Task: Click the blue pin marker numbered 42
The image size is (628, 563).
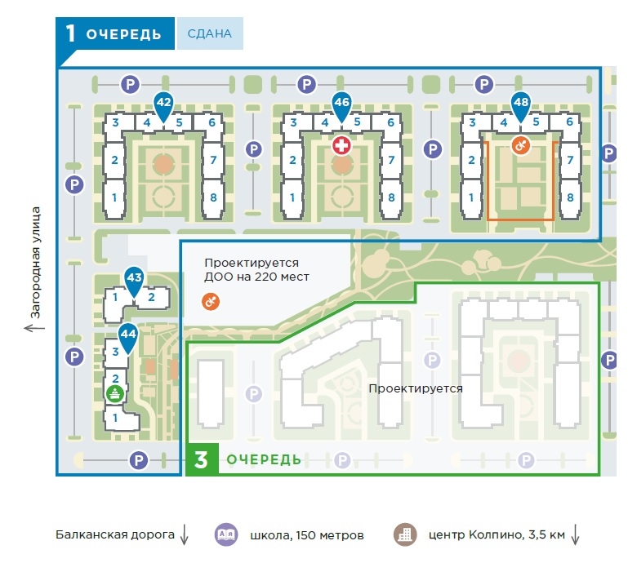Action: [x=163, y=104]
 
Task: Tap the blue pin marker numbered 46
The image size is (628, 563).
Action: [x=341, y=104]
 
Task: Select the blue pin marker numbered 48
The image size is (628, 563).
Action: [x=520, y=104]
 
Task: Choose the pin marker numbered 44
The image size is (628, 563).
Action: [x=127, y=335]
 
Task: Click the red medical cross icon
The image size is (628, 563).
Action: [x=341, y=146]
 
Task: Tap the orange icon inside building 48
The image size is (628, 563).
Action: [x=519, y=146]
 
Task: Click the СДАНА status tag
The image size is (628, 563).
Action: [x=210, y=34]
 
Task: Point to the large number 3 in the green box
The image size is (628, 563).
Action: [x=201, y=459]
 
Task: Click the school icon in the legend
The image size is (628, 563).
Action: [x=225, y=535]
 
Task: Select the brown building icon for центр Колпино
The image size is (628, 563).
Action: [x=404, y=535]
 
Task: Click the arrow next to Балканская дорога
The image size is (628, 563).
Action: [x=184, y=535]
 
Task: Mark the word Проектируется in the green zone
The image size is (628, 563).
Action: [x=416, y=388]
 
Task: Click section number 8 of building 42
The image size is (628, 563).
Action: [x=212, y=197]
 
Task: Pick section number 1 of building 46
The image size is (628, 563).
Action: [x=292, y=197]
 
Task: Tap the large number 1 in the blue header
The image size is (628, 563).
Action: [x=71, y=34]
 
